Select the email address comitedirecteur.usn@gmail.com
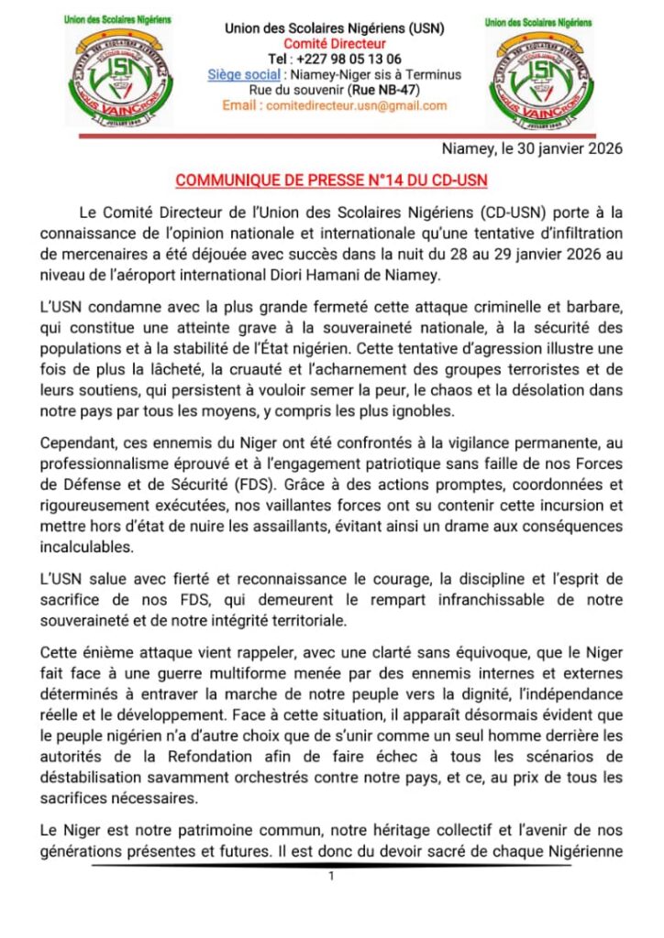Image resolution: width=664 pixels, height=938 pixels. point(356,105)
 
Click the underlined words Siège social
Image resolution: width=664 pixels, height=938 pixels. point(243,75)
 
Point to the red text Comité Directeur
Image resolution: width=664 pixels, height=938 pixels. point(334,44)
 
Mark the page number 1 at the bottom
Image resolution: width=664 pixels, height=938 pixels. point(331,877)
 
